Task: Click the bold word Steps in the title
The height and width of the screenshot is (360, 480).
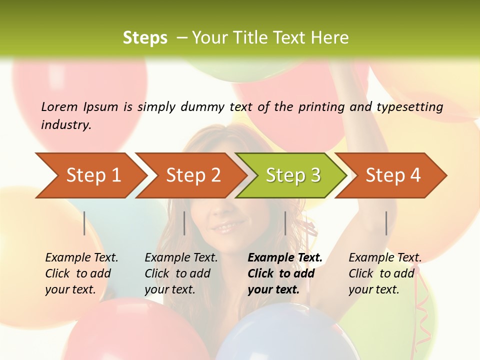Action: coord(145,37)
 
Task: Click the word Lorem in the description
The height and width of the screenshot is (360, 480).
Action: coord(59,106)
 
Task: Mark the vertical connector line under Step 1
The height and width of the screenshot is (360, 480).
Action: coord(84,223)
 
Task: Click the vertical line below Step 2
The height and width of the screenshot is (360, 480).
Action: coord(184,223)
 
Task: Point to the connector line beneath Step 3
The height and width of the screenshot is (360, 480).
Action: coord(285,223)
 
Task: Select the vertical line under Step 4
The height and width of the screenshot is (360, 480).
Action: coord(386,223)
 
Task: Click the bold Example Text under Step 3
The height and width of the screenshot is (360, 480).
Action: coord(285,257)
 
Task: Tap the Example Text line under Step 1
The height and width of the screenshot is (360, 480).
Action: coord(81,257)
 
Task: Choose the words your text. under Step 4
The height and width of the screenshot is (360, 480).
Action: coord(373,289)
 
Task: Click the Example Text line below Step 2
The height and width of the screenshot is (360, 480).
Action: coord(181,257)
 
